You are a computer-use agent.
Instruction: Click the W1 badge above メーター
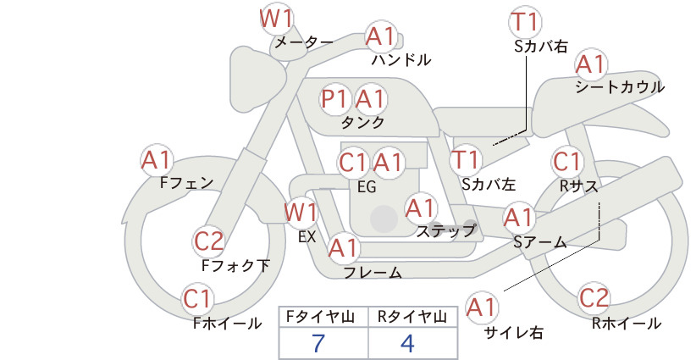pos(277,19)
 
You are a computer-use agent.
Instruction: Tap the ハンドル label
pos(401,59)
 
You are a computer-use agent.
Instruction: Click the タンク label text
pos(362,122)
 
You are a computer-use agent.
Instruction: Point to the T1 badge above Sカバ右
pos(525,22)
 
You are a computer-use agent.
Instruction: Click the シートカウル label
pos(620,87)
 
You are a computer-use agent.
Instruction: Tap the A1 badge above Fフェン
pos(157,161)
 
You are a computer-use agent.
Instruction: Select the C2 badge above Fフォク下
pos(208,242)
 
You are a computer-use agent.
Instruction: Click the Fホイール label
pos(227,324)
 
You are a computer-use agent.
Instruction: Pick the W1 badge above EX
pos(301,213)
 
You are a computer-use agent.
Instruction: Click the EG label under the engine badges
pos(367,187)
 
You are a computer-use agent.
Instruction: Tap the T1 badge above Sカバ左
pos(466,160)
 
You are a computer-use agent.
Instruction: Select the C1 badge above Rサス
pos(566,162)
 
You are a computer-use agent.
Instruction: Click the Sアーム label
pos(540,242)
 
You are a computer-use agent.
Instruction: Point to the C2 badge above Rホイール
pos(594,298)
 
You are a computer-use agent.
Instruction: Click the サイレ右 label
pos(514,333)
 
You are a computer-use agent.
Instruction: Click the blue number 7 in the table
pos(318,343)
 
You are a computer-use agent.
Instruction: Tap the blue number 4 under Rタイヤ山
pos(407,343)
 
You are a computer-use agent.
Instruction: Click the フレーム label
pos(373,272)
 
